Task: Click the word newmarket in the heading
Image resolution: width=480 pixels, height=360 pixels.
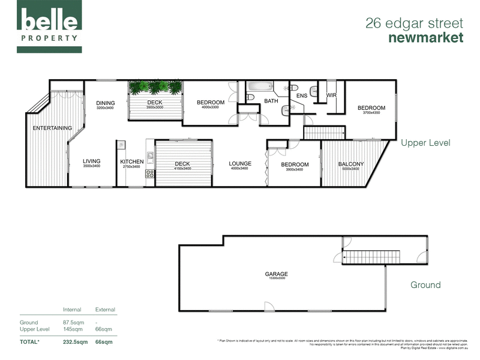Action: point(426,38)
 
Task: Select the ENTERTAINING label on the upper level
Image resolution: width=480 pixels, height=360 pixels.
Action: point(52,128)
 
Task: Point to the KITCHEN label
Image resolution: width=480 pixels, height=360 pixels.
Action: point(131,161)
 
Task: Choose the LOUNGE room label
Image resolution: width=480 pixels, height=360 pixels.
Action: point(240,163)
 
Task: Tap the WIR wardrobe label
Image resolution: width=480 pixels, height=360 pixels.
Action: point(331,95)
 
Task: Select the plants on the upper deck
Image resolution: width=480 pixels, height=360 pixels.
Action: point(155,88)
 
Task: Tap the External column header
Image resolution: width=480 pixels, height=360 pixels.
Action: point(105,310)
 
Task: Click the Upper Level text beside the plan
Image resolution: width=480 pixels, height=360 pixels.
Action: point(425,143)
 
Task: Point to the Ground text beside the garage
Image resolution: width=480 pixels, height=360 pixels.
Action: point(425,285)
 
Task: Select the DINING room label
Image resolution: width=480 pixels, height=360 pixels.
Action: point(105,103)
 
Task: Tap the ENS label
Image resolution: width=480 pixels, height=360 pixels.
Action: point(302,95)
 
